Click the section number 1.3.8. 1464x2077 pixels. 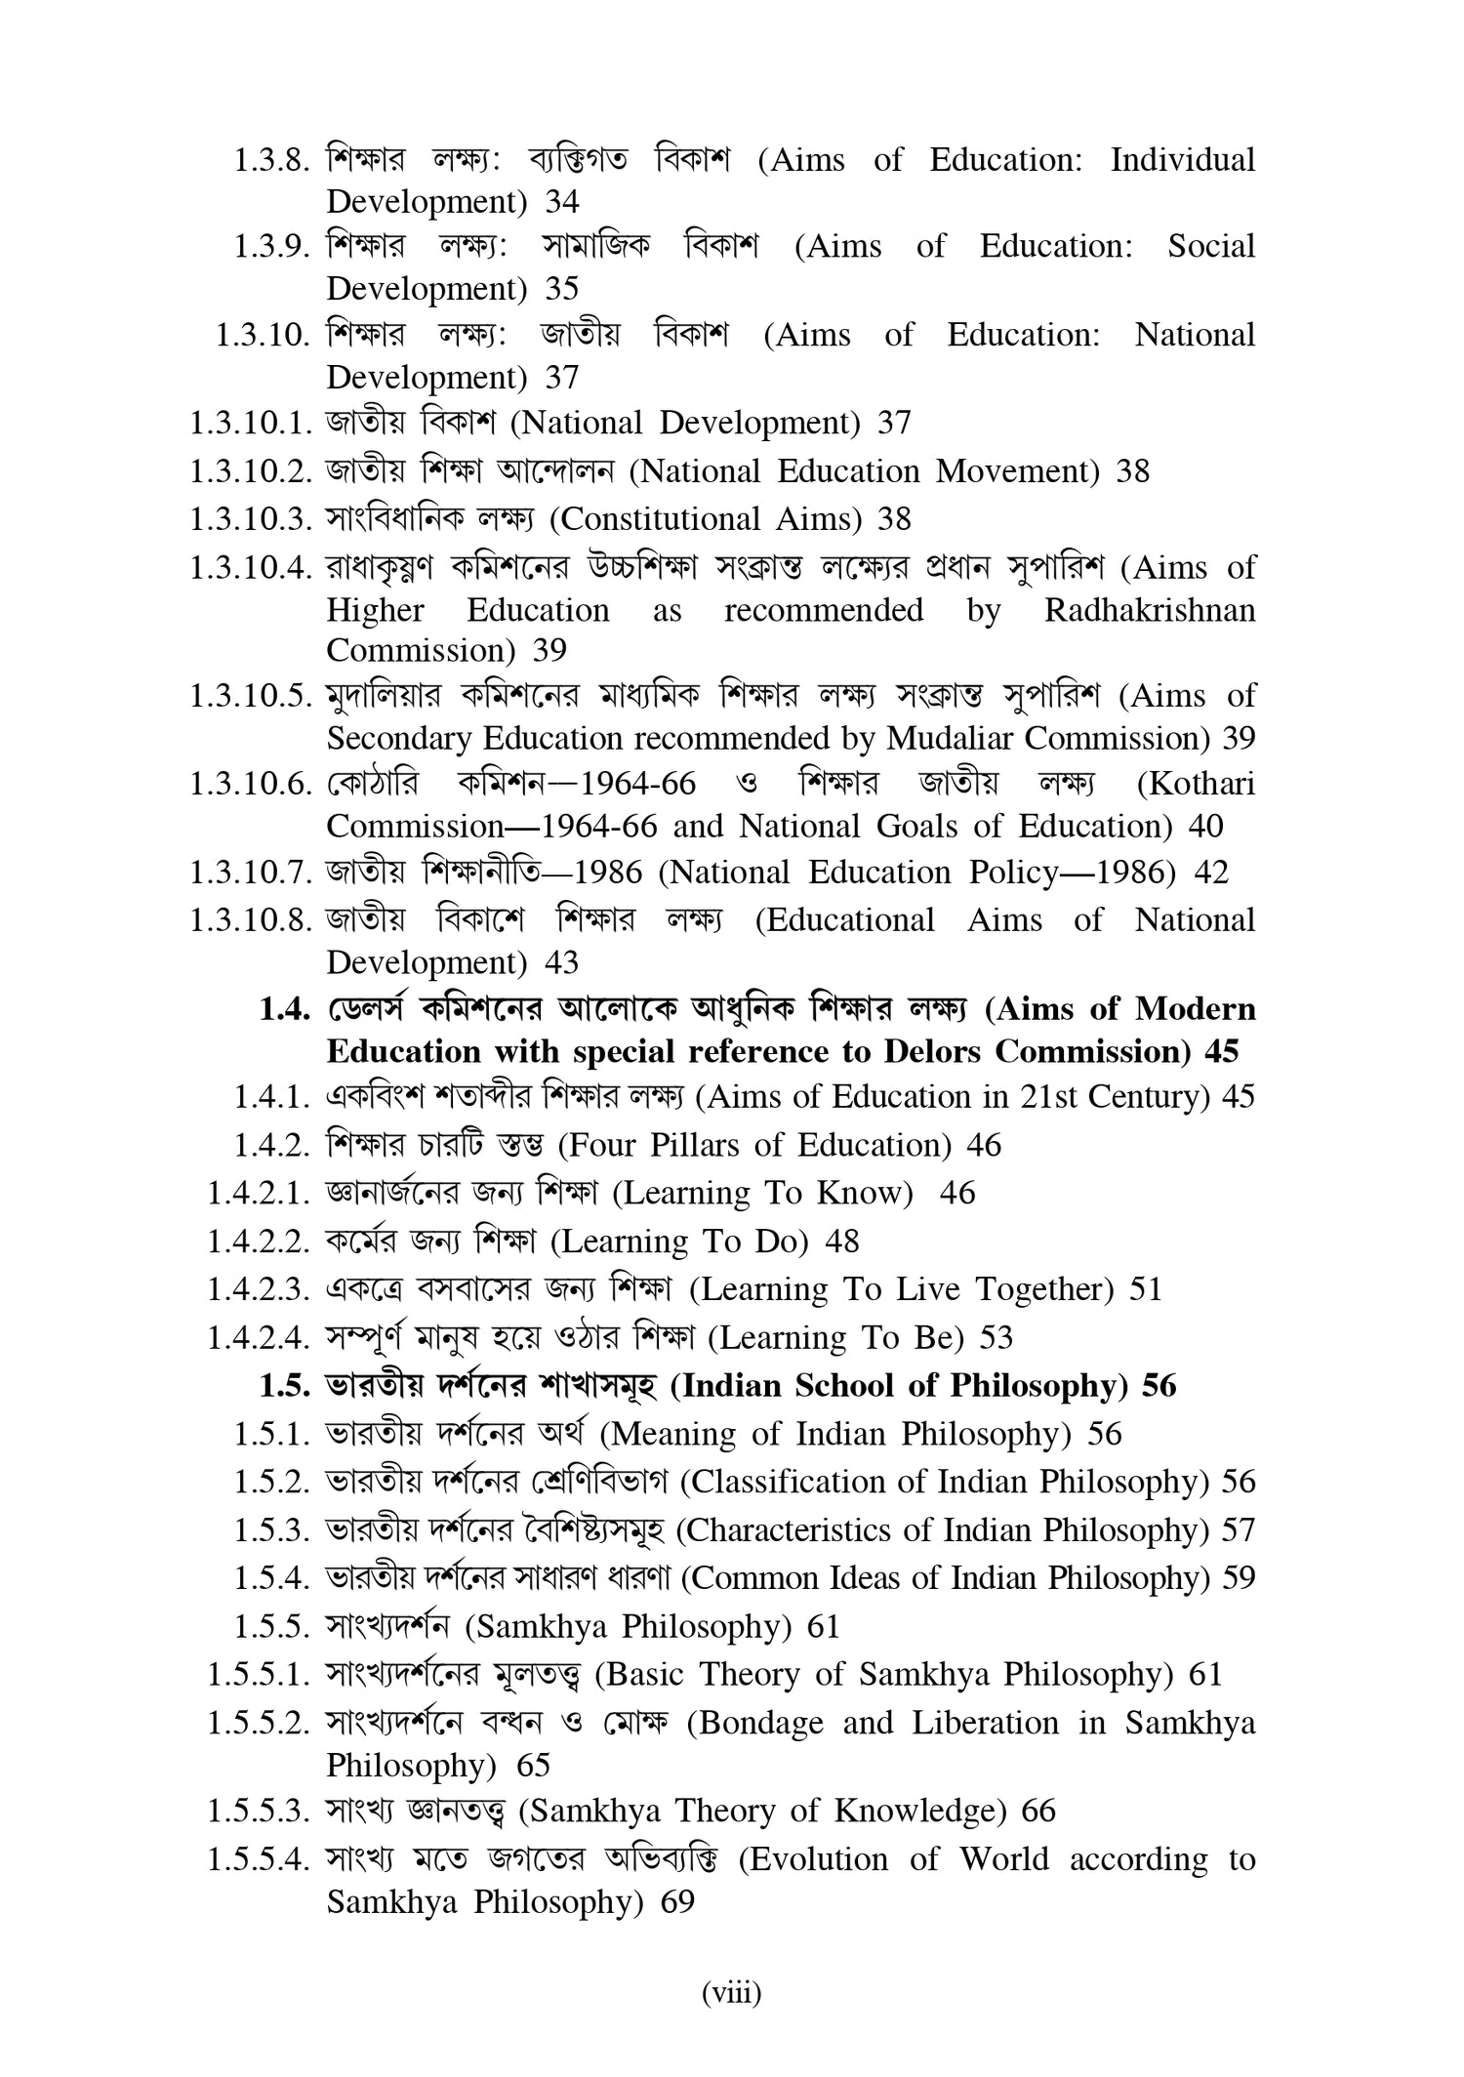pos(271,160)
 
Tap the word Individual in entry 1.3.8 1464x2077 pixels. pos(1182,160)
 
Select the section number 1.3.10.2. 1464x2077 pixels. pos(251,472)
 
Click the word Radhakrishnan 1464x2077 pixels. pos(1149,611)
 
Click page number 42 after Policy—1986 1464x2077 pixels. pos(1211,873)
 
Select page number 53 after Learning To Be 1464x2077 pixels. pos(996,1338)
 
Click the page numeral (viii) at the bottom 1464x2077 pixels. pos(732,1993)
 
